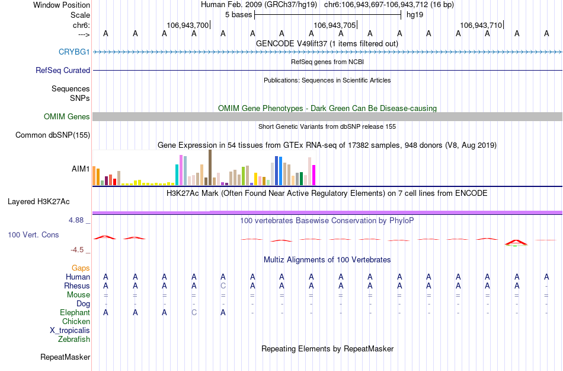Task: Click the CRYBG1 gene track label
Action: click(x=74, y=52)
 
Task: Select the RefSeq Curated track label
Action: click(x=63, y=70)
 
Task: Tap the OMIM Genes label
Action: click(x=67, y=117)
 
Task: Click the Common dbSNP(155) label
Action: click(x=53, y=135)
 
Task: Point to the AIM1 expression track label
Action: click(x=81, y=169)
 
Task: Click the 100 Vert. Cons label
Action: click(x=34, y=235)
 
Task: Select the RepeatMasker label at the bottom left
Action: click(x=65, y=357)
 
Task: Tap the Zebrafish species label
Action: click(x=74, y=340)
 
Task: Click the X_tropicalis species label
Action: click(x=70, y=331)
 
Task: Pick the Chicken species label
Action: click(x=76, y=322)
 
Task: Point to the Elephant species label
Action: click(x=75, y=313)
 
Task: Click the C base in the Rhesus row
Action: click(x=223, y=286)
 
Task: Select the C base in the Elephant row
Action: click(x=194, y=313)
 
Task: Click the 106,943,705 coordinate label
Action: click(x=335, y=25)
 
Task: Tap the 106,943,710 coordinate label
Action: click(x=481, y=25)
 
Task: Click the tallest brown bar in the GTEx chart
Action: click(x=210, y=167)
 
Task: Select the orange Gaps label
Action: click(x=81, y=268)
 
